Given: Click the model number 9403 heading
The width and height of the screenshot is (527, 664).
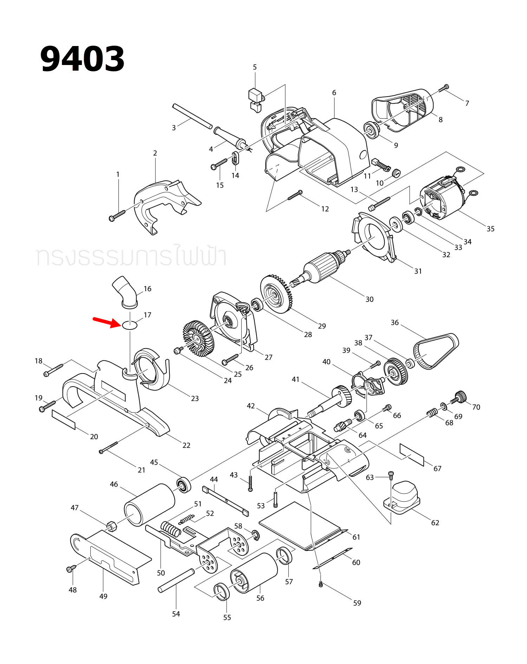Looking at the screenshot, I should [x=83, y=59].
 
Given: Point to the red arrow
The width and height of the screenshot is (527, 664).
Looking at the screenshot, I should [x=107, y=322].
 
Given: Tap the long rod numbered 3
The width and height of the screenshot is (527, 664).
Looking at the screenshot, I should [x=192, y=116].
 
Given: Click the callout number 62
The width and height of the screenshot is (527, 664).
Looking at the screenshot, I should [x=435, y=522].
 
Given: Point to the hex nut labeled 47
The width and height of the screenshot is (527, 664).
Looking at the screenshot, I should [x=111, y=526].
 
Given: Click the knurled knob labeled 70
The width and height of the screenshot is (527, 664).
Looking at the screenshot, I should [x=460, y=397].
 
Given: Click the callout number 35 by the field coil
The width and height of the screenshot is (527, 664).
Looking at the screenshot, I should [x=490, y=229].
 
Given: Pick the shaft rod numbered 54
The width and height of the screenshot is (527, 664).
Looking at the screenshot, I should [x=176, y=580].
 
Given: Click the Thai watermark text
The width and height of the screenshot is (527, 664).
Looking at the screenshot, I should [x=131, y=256].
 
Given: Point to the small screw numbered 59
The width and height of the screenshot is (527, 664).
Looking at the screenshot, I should [x=320, y=584].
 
